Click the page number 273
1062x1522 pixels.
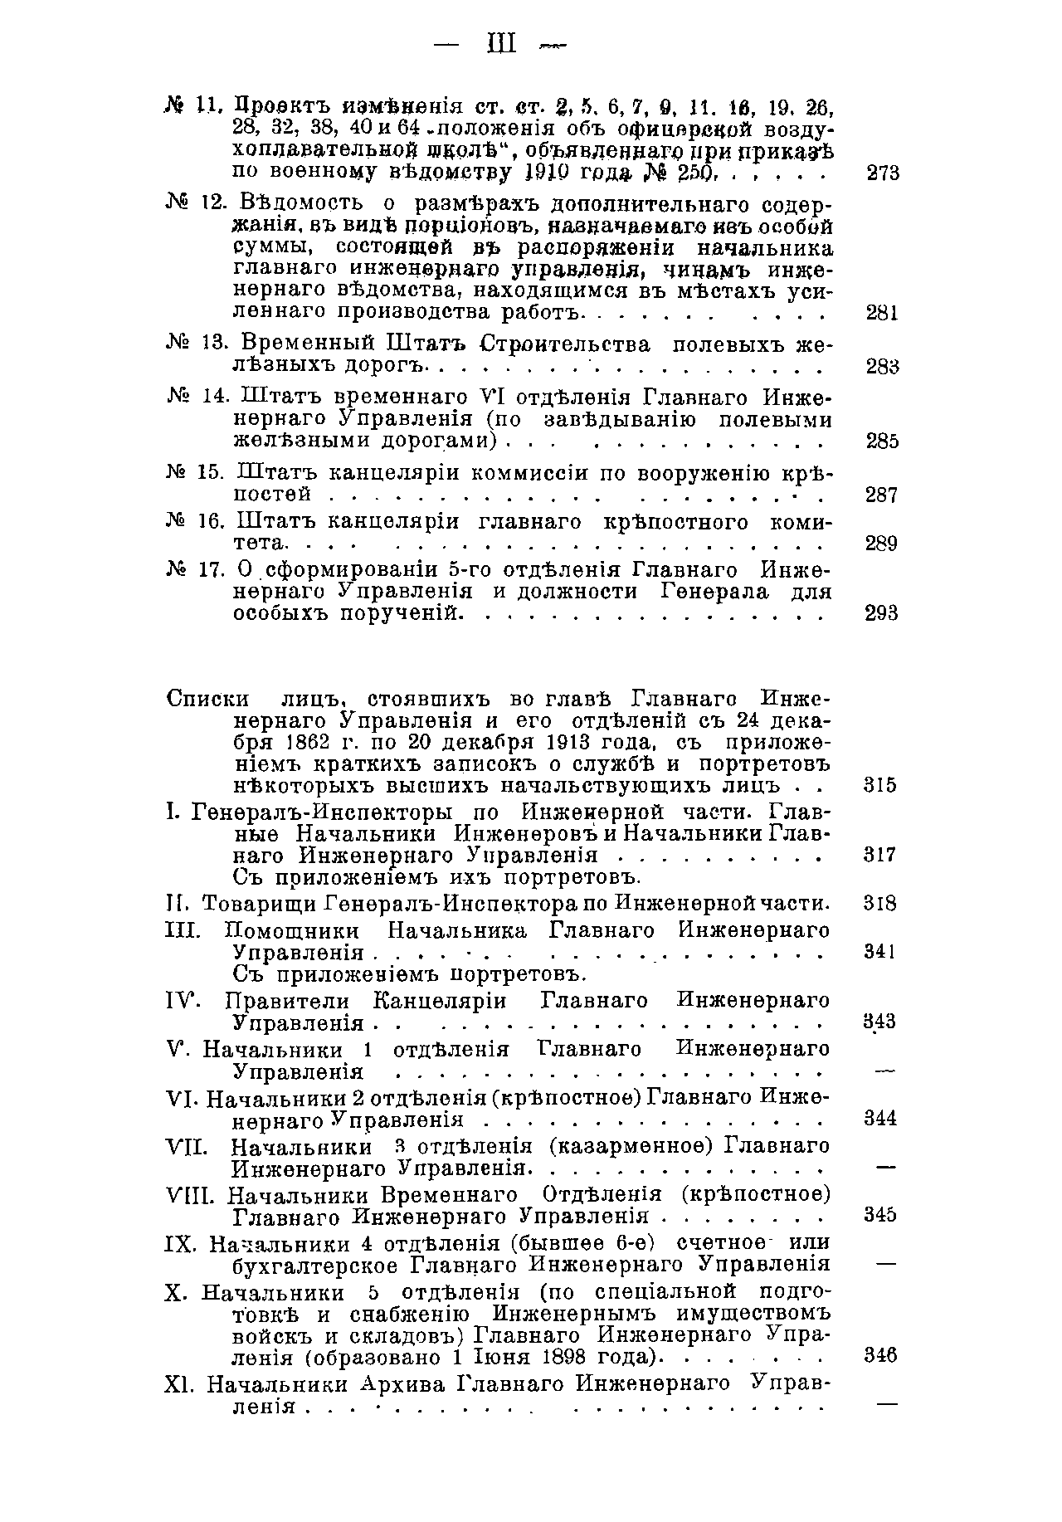point(882,173)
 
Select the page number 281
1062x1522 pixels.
point(882,313)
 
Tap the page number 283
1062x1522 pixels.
point(882,367)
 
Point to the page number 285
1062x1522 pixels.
point(882,441)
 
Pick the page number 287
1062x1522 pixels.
point(882,495)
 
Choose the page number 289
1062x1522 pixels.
point(882,544)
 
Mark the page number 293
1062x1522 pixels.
point(882,613)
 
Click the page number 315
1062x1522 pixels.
point(880,785)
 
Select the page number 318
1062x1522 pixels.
point(880,904)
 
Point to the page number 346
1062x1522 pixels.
point(880,1356)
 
